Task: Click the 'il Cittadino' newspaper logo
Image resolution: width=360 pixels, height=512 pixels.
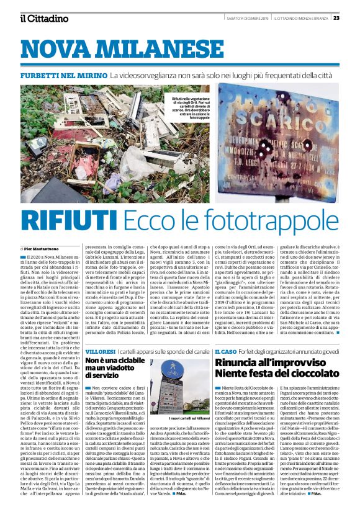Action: [x=43, y=18]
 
